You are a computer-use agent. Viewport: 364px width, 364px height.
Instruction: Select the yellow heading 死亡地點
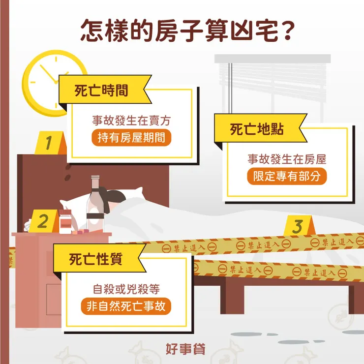pyautogui.click(x=256, y=130)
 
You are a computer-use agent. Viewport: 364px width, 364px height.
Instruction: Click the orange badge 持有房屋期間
pyautogui.click(x=131, y=138)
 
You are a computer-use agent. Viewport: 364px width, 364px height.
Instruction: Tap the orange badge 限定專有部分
pyautogui.click(x=286, y=177)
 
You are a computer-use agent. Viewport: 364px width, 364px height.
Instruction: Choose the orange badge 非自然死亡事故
pyautogui.click(x=126, y=306)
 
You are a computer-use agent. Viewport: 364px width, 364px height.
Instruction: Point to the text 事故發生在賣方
pyautogui.click(x=131, y=121)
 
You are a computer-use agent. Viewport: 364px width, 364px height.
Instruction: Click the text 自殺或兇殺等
pyautogui.click(x=126, y=289)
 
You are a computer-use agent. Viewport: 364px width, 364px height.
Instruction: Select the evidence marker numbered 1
pyautogui.click(x=49, y=144)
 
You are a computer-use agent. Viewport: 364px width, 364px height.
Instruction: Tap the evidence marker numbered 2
pyautogui.click(x=43, y=222)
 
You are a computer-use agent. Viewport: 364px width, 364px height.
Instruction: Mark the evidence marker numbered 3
pyautogui.click(x=297, y=227)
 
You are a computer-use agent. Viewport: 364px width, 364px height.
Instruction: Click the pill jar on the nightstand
pyautogui.click(x=65, y=222)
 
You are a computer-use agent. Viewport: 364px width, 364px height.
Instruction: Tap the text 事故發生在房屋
pyautogui.click(x=286, y=159)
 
